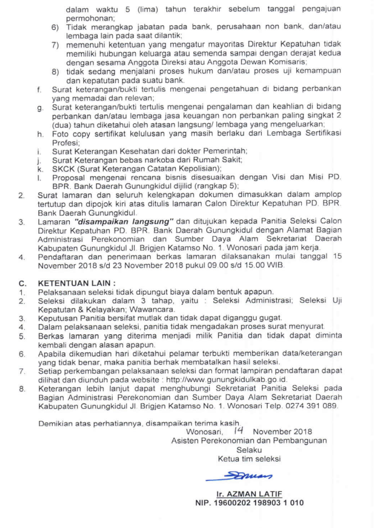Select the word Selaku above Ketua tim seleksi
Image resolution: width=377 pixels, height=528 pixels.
coord(249,449)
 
